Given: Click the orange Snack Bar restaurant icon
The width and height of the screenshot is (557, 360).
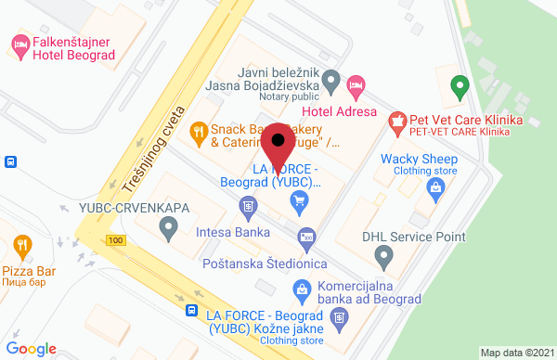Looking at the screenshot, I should click(198, 132).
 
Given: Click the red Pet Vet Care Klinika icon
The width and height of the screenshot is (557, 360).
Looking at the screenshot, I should click(397, 120).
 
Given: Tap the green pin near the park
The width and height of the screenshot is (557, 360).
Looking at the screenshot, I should click(457, 88).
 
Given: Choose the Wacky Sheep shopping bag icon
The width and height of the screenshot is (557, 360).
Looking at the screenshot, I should click(434, 188).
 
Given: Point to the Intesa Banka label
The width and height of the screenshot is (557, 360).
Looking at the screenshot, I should click(233, 232).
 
